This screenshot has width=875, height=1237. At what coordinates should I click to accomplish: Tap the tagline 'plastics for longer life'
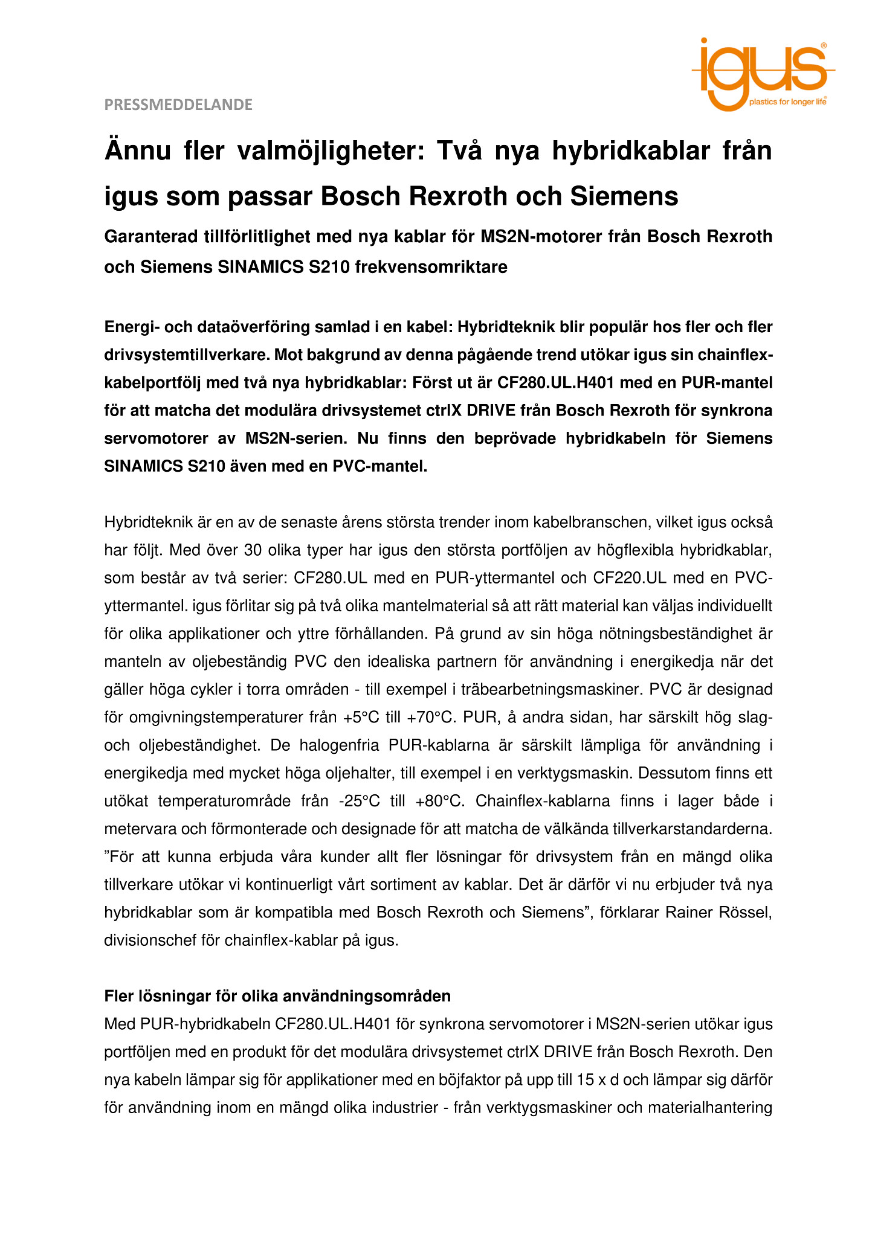(787, 102)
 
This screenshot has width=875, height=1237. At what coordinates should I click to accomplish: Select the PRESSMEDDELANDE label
(178, 105)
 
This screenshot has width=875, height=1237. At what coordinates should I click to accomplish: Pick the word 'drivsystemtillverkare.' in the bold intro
(187, 355)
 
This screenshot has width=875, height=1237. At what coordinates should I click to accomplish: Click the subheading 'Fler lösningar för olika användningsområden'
(277, 995)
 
